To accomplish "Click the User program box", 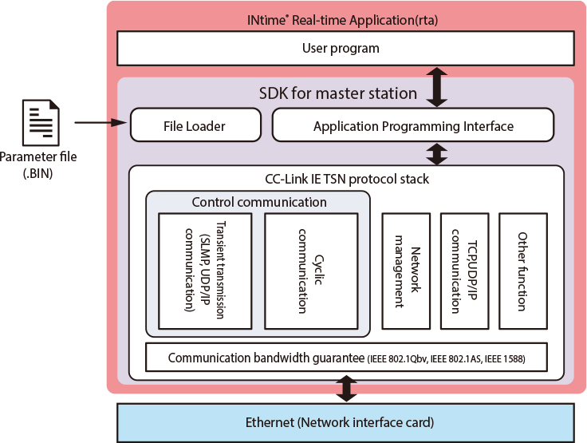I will pyautogui.click(x=341, y=49).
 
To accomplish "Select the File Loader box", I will pyautogui.click(x=195, y=125).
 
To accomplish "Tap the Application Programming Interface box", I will pyautogui.click(x=412, y=125).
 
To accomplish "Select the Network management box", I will pyautogui.click(x=407, y=271).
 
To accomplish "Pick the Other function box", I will pyautogui.click(x=523, y=271).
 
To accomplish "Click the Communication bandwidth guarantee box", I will pyautogui.click(x=346, y=358).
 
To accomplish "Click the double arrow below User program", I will pyautogui.click(x=436, y=86).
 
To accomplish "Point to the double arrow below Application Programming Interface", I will pyautogui.click(x=436, y=152).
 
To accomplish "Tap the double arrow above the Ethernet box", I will pyautogui.click(x=346, y=388).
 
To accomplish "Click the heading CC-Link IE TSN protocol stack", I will pyautogui.click(x=346, y=179).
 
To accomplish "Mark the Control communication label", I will pyautogui.click(x=259, y=202).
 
